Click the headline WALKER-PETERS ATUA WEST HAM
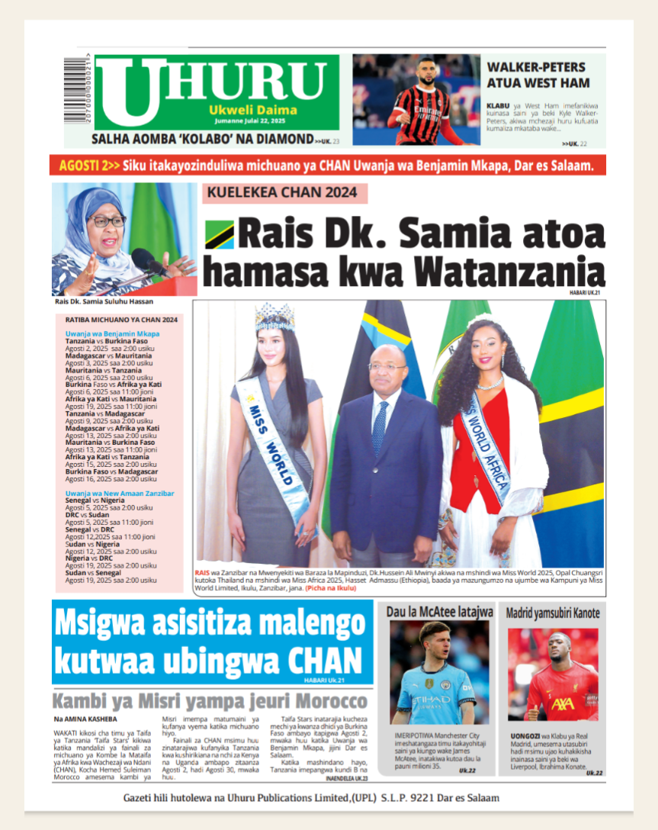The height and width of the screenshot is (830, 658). coord(538,74)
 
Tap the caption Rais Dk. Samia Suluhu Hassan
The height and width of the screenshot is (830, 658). coord(104,301)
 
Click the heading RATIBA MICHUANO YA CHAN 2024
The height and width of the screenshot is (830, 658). coord(121,320)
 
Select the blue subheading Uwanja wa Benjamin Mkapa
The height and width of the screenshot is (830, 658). coord(112,334)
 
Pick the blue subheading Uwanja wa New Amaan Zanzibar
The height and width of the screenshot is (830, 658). coord(120,493)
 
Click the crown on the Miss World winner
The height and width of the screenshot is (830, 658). coord(274,314)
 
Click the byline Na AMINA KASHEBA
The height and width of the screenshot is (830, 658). coord(85,719)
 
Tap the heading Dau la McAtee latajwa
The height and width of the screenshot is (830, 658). coord(440,612)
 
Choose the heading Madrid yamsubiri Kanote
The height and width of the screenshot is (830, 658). coord(553,612)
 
